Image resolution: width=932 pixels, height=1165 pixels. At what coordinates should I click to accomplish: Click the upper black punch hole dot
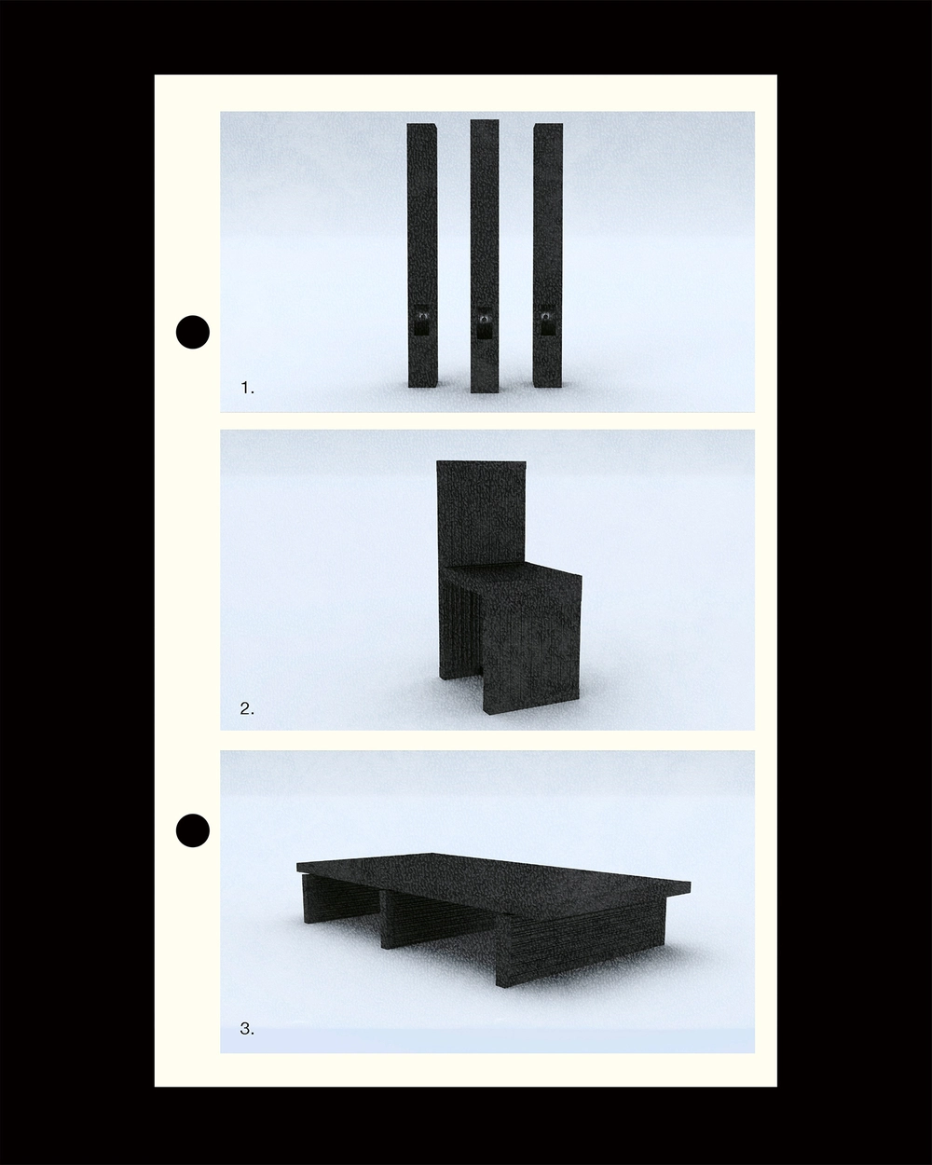pyautogui.click(x=193, y=332)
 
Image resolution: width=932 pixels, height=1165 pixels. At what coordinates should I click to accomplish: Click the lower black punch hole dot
pyautogui.click(x=193, y=830)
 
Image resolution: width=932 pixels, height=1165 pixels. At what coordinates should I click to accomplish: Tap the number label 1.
pyautogui.click(x=248, y=388)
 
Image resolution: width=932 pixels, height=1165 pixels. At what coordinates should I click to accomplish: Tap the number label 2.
pyautogui.click(x=247, y=708)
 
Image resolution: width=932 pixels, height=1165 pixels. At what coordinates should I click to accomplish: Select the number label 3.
pyautogui.click(x=247, y=1029)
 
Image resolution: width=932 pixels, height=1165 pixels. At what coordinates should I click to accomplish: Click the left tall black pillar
pyautogui.click(x=422, y=255)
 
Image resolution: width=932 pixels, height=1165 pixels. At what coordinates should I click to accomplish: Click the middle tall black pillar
pyautogui.click(x=484, y=256)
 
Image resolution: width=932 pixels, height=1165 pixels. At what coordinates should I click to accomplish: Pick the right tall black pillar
pyautogui.click(x=548, y=255)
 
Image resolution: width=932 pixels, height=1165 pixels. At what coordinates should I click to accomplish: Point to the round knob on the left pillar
pyautogui.click(x=421, y=315)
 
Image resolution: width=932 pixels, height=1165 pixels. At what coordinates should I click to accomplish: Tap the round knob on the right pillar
pyautogui.click(x=547, y=315)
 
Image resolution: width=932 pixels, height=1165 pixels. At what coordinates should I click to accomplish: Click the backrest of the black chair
pyautogui.click(x=481, y=514)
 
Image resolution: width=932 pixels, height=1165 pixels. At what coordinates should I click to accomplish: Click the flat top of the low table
pyautogui.click(x=493, y=880)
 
